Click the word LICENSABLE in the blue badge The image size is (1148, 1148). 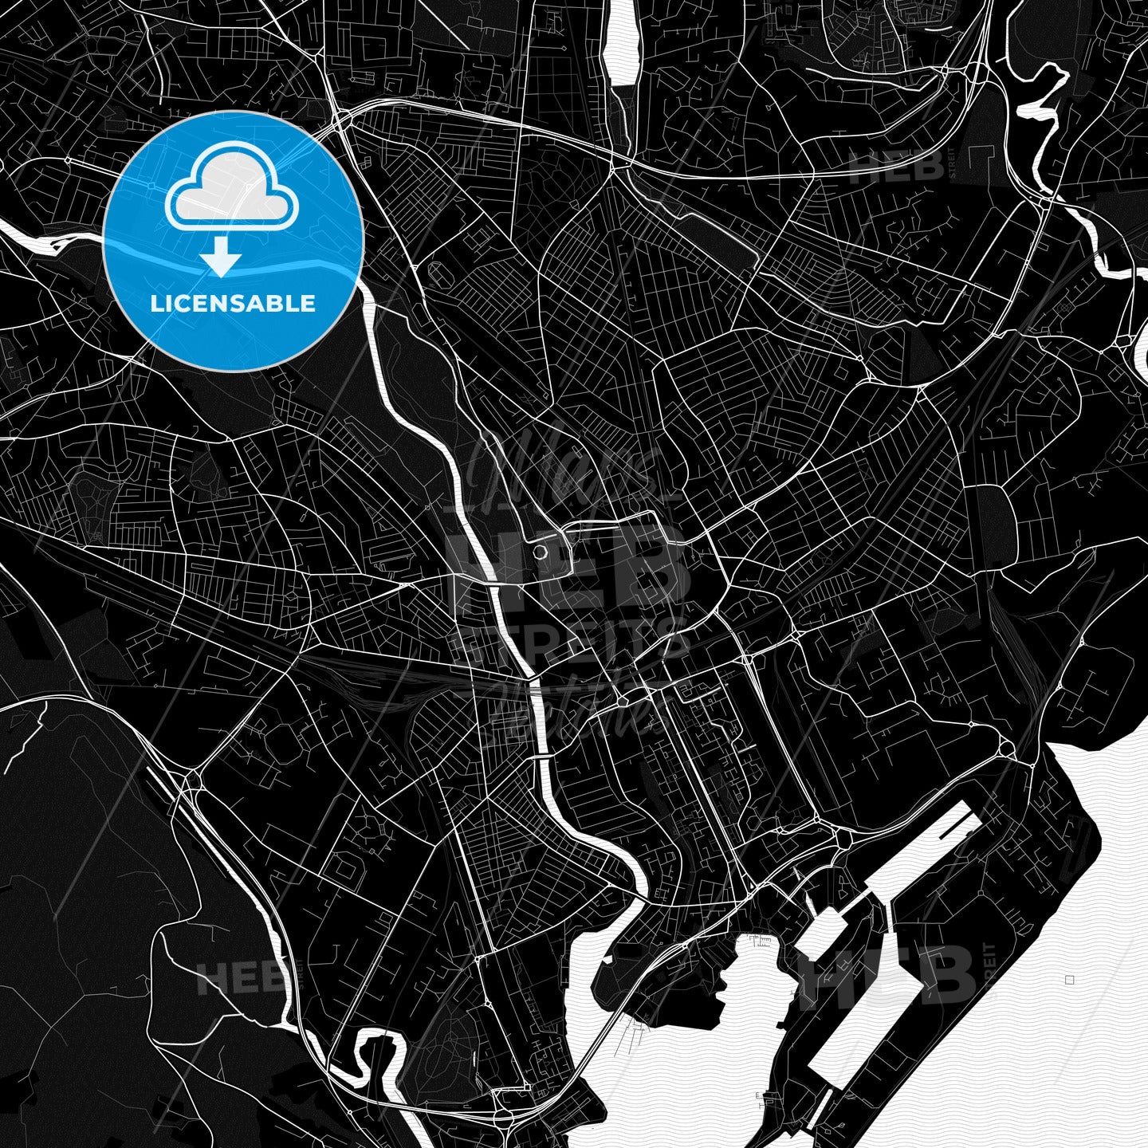pyautogui.click(x=233, y=304)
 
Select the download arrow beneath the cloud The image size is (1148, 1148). pyautogui.click(x=221, y=258)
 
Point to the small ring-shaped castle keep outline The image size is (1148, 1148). pyautogui.click(x=540, y=552)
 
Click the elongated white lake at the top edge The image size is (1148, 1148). pyautogui.click(x=621, y=44)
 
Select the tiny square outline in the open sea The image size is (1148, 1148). pyautogui.click(x=1069, y=980)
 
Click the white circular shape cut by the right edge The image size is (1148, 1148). pyautogui.click(x=1142, y=352)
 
